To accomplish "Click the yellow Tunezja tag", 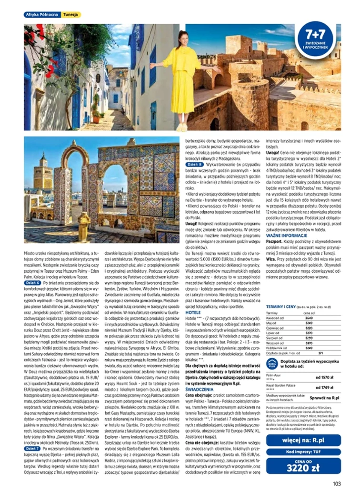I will click(71, 15).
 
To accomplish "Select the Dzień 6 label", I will click(32, 283).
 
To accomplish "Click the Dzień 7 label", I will click(32, 448).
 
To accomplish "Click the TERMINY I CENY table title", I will click(282, 307).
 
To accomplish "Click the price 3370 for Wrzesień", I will click(309, 343).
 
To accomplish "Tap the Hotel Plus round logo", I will click(271, 363).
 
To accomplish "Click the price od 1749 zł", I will click(325, 387).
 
